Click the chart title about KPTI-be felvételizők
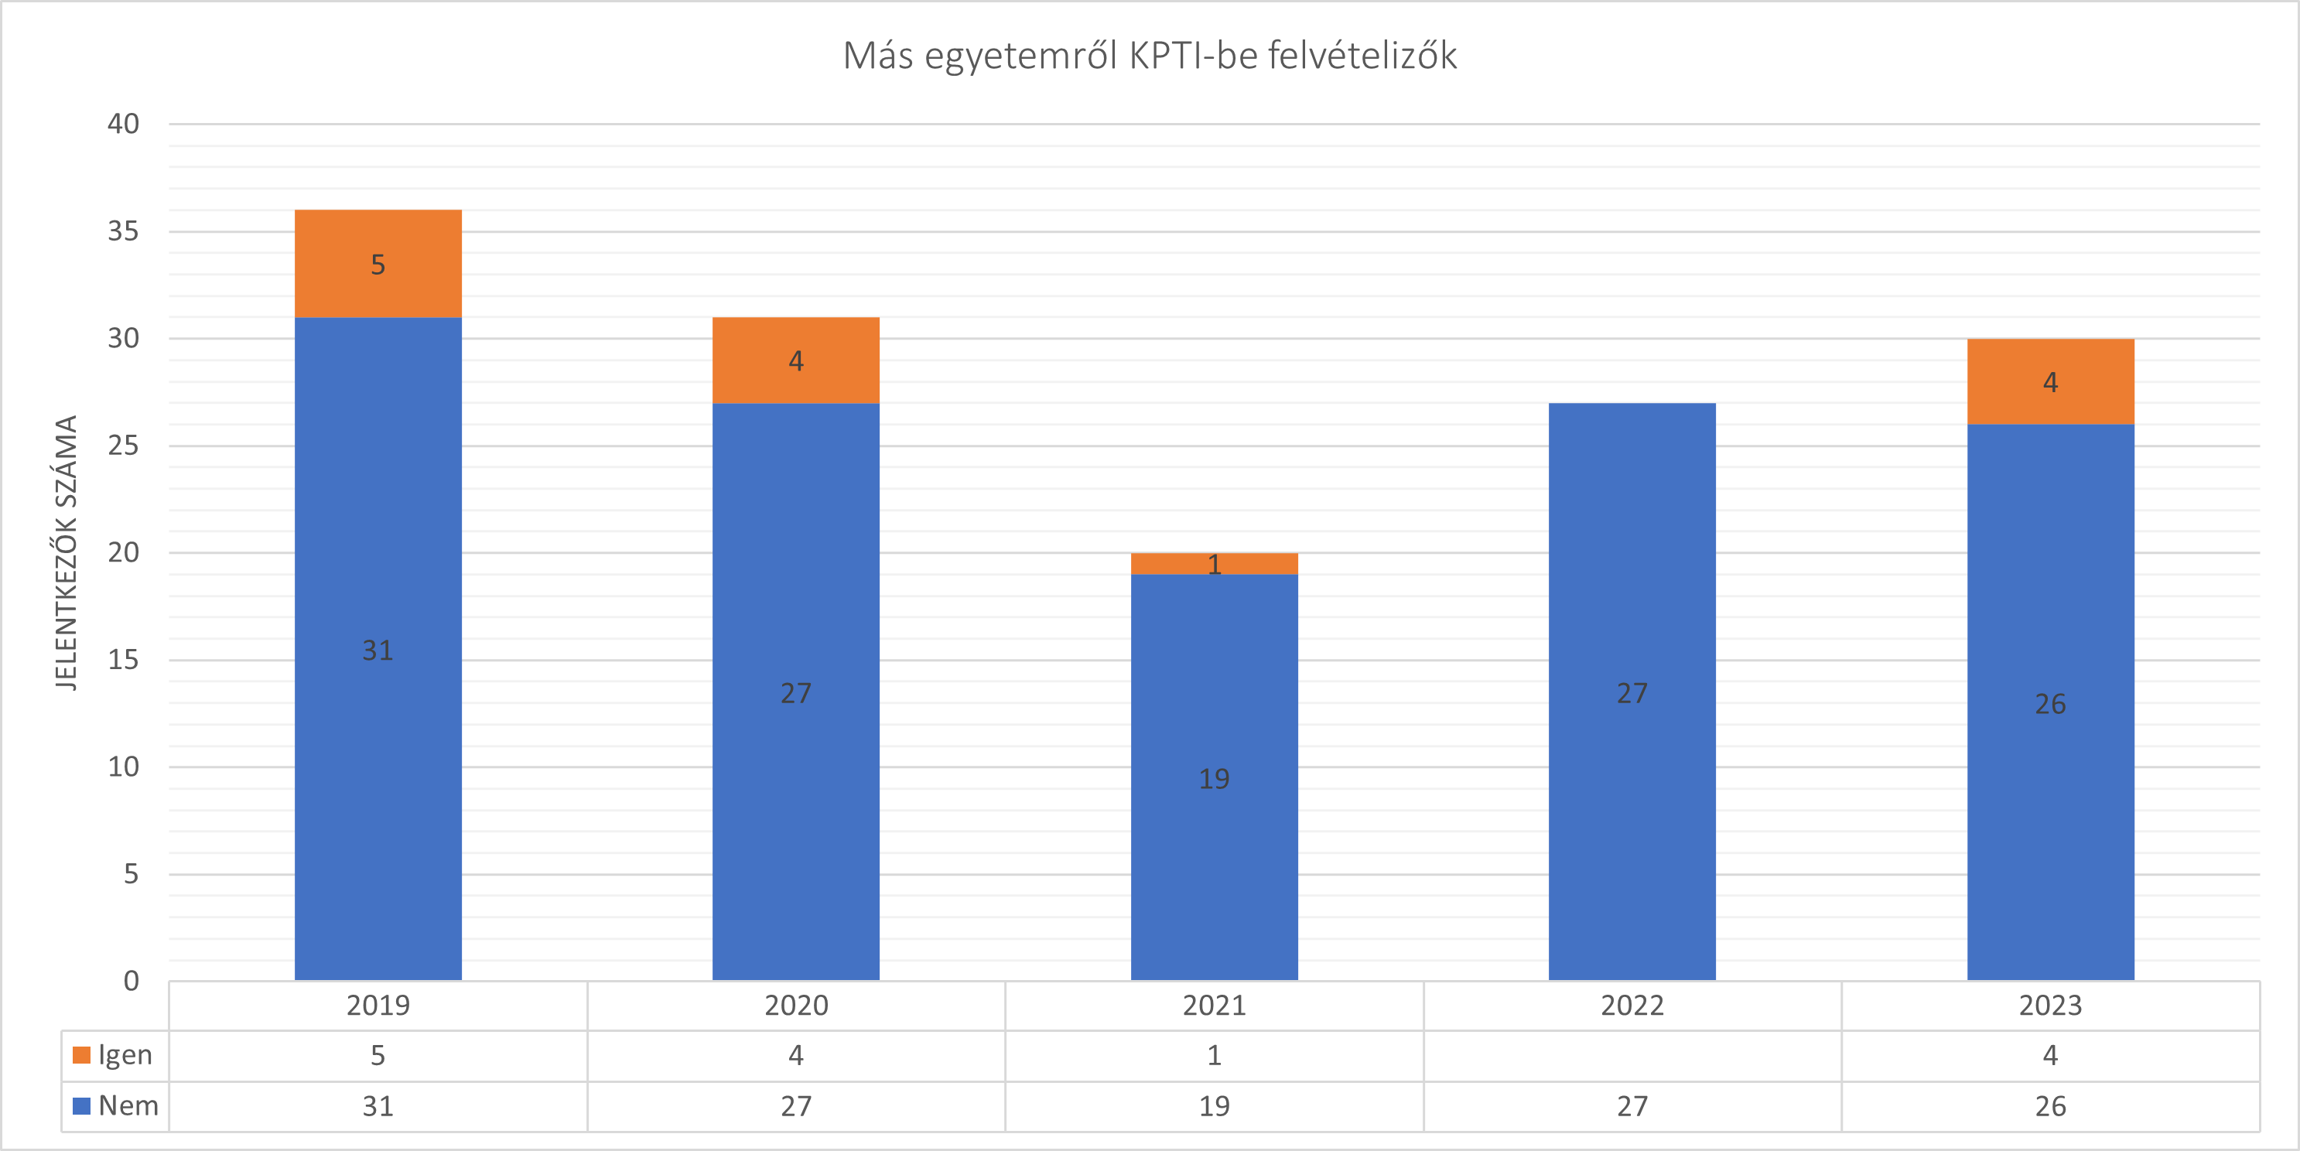(x=1150, y=56)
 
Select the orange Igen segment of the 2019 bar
(x=378, y=264)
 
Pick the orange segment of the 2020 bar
(x=795, y=360)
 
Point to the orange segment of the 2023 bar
(x=2050, y=381)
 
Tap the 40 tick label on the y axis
(x=123, y=123)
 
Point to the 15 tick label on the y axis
(x=123, y=659)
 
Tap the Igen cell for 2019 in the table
(x=378, y=1055)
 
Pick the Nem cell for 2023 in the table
(x=2050, y=1106)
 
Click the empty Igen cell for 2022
(x=1632, y=1055)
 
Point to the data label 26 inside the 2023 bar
(x=2050, y=704)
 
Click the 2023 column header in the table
(x=2050, y=1006)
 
